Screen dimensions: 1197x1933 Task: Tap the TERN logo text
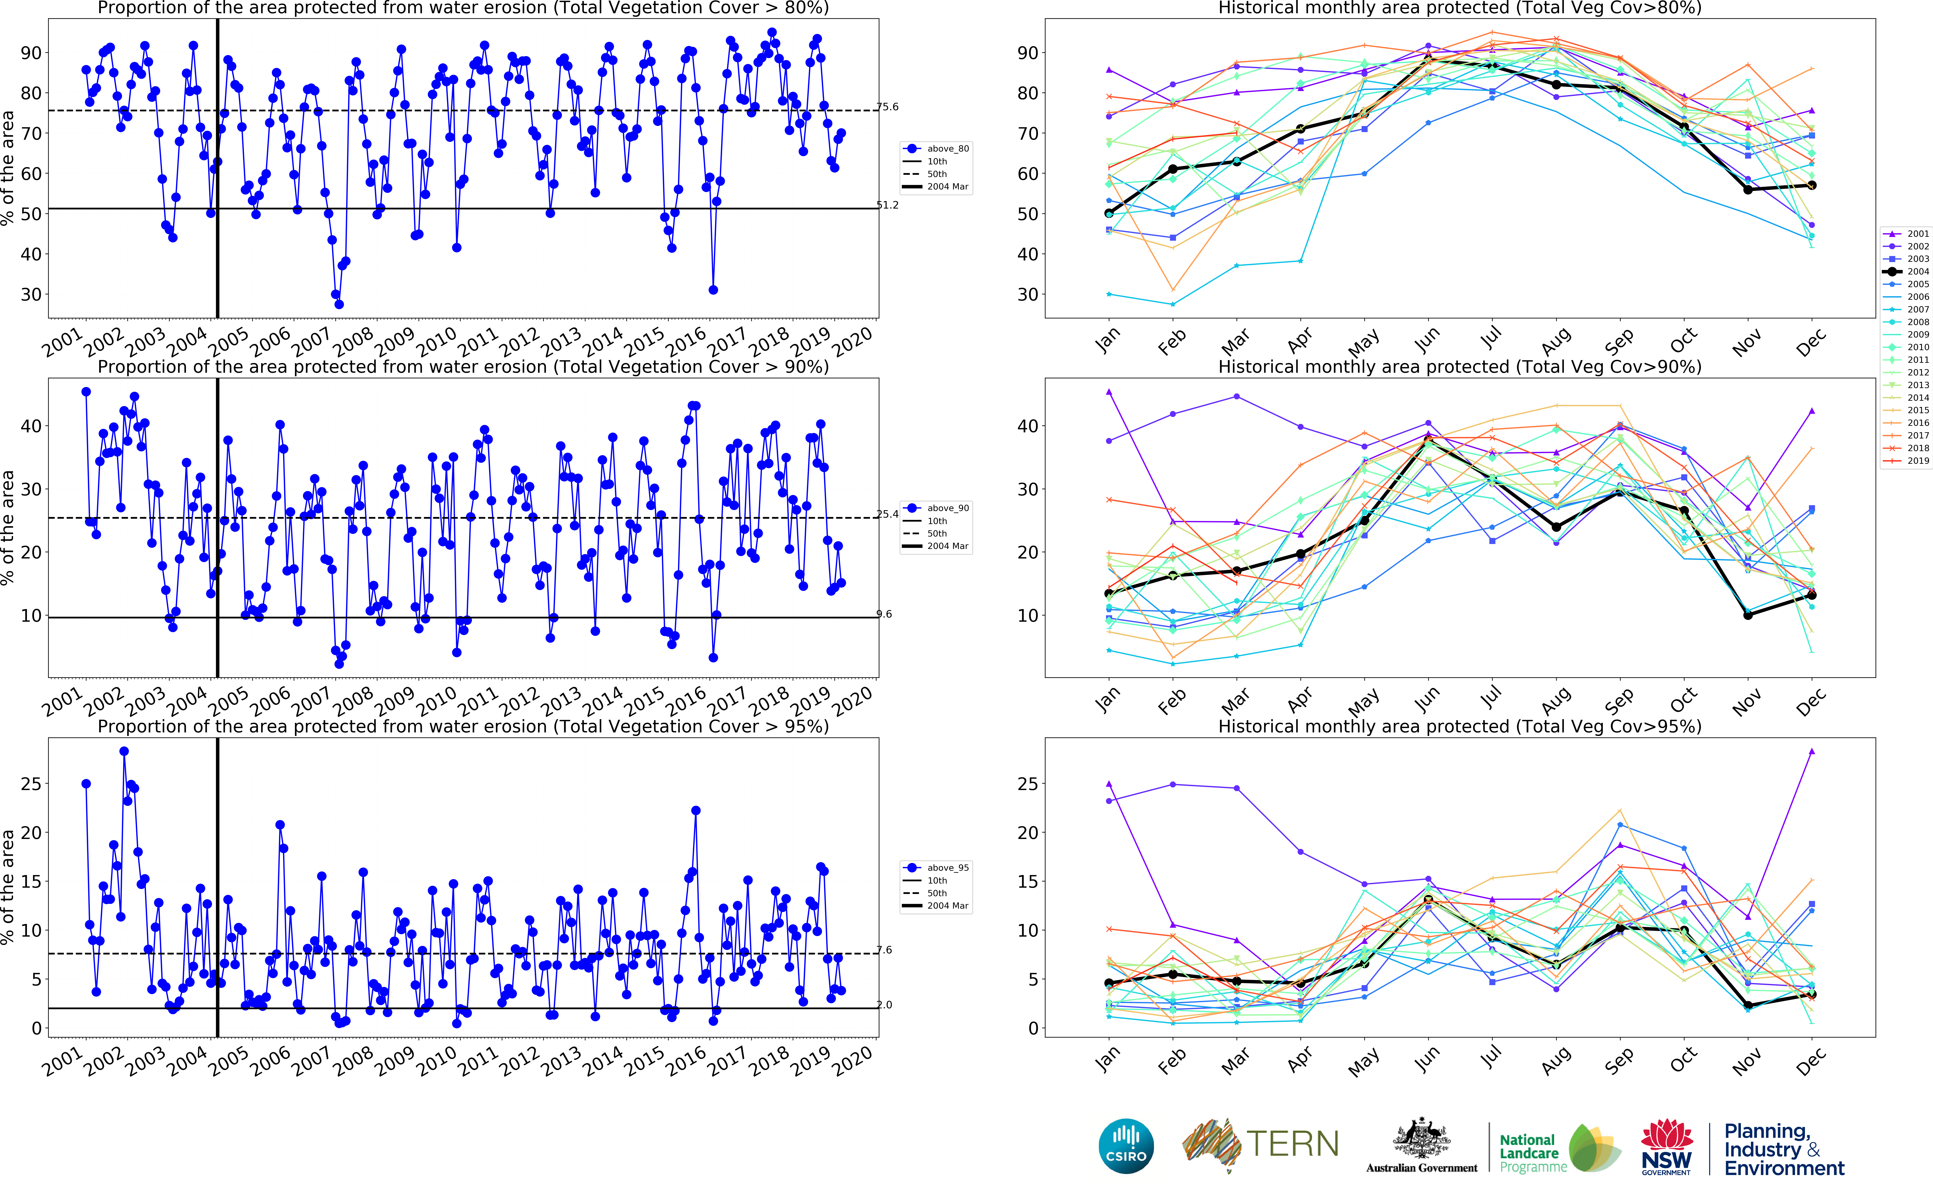pos(1292,1144)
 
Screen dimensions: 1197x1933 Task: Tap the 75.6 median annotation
pos(888,107)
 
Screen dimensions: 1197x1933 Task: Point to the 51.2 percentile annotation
pos(888,205)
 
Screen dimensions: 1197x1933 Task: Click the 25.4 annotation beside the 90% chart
pos(888,514)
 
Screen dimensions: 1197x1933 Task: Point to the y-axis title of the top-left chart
pos(8,168)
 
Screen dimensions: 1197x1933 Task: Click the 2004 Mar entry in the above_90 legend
pos(947,546)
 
